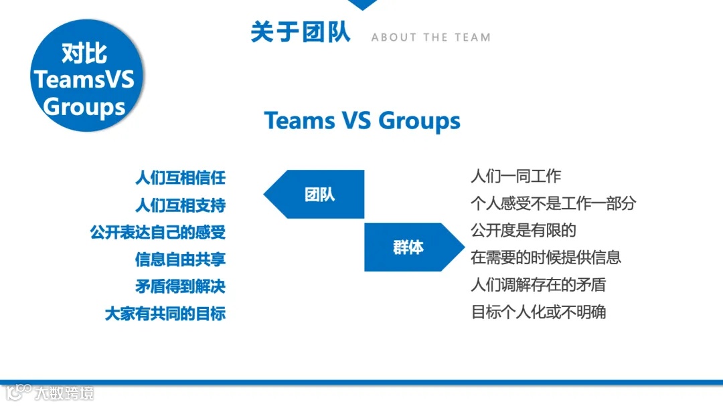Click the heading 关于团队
[301, 32]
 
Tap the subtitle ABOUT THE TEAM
[430, 37]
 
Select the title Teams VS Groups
[362, 120]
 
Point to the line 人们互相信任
[180, 178]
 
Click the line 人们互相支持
[180, 205]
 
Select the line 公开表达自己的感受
[158, 232]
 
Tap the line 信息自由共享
[180, 259]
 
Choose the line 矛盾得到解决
[180, 286]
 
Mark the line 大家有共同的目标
[165, 313]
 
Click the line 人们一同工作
[515, 177]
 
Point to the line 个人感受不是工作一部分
[553, 203]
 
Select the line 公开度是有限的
[524, 231]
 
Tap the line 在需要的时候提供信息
[546, 258]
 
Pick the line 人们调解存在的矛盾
[538, 285]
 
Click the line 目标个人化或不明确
[538, 312]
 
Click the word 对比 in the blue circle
[84, 53]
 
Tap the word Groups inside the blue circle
[84, 106]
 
